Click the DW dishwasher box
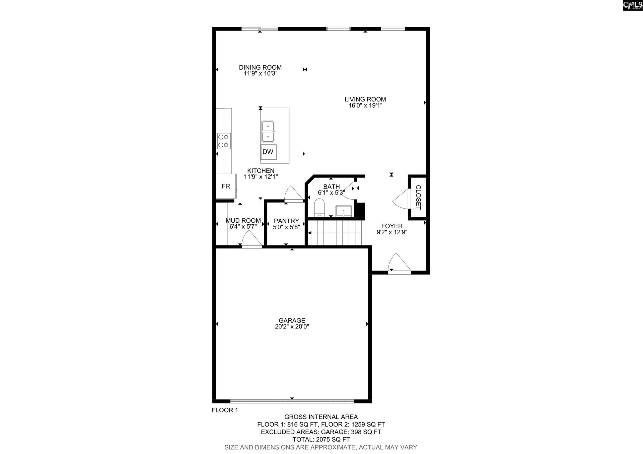tap(268, 152)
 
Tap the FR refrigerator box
tap(226, 186)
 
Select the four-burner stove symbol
tap(224, 141)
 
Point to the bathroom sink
tap(344, 211)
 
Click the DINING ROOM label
tap(260, 67)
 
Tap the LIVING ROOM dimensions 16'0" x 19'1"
tap(365, 105)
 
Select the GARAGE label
tap(292, 320)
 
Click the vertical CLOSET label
tap(418, 197)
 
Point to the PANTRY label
tap(286, 221)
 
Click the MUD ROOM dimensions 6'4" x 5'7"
tap(243, 227)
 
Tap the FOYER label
tap(392, 226)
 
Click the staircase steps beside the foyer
tap(335, 233)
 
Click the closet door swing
tap(401, 199)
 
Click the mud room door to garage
tap(251, 239)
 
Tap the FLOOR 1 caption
tap(225, 410)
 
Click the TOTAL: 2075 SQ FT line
tap(321, 439)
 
